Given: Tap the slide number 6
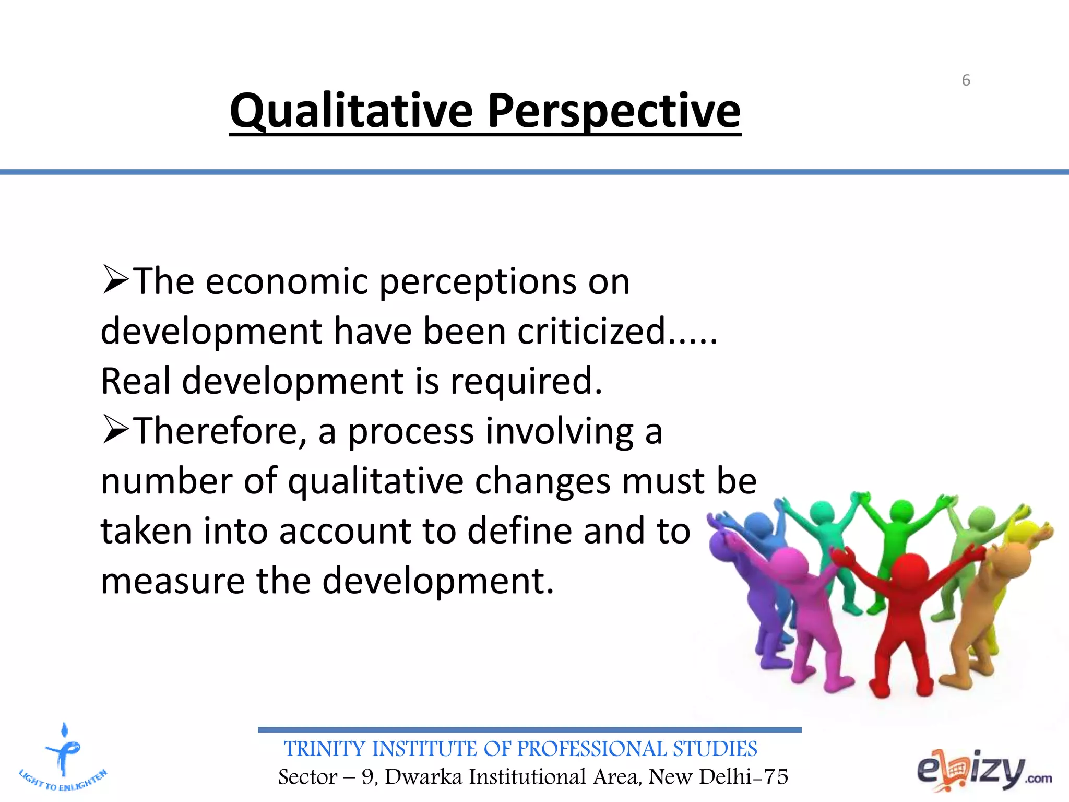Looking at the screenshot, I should pyautogui.click(x=966, y=80).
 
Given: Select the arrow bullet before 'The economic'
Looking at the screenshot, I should pyautogui.click(x=115, y=280).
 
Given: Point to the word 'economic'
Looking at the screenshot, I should pyautogui.click(x=287, y=282).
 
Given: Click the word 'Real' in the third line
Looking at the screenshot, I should pyautogui.click(x=135, y=381).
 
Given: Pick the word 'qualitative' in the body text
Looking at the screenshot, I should pyautogui.click(x=375, y=481).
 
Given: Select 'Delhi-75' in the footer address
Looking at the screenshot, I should pyautogui.click(x=743, y=777).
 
